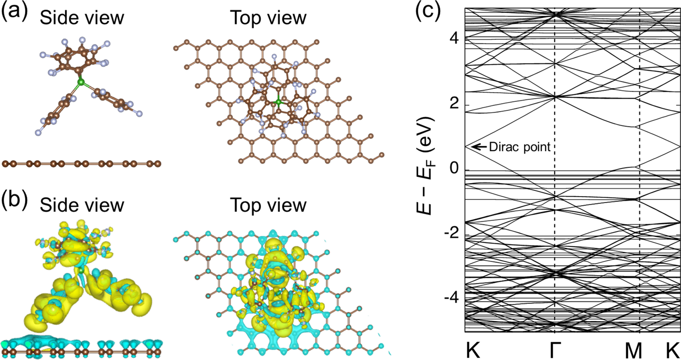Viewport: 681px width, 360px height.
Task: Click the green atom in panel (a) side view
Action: pos(81,83)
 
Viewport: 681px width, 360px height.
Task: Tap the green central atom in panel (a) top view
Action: pos(279,103)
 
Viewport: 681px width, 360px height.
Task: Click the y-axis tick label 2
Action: pos(454,104)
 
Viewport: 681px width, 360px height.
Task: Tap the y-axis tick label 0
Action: pos(454,170)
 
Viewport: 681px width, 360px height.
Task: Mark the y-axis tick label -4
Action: pos(451,301)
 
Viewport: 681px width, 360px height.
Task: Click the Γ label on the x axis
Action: pos(555,349)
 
